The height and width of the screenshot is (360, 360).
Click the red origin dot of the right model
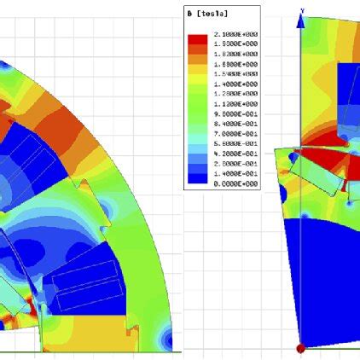click(300, 348)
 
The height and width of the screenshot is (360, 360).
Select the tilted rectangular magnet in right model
click(322, 180)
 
